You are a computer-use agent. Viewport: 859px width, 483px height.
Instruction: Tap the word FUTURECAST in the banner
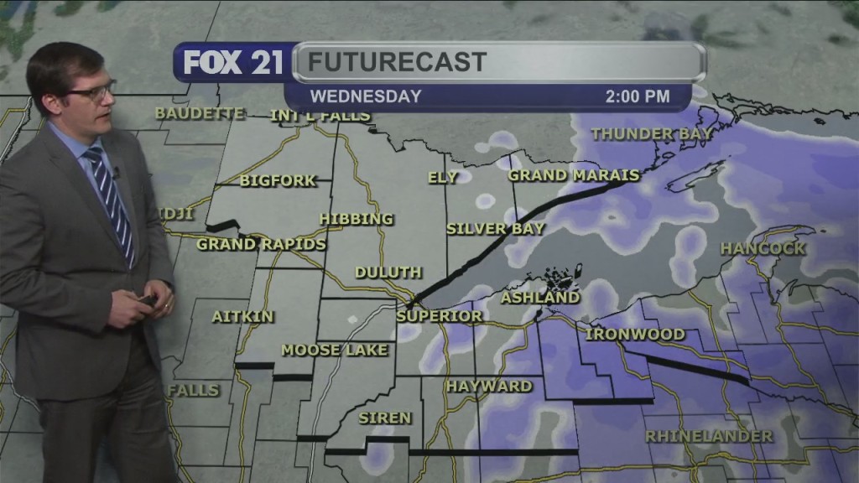(397, 62)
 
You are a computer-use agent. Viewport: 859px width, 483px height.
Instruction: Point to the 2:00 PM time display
(638, 96)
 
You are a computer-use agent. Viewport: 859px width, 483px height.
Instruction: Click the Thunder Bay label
(652, 134)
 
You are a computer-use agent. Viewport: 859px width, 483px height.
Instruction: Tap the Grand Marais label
(574, 176)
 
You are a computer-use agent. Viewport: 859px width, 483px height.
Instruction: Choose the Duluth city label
(388, 273)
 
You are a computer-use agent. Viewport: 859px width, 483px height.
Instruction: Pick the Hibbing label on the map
(357, 220)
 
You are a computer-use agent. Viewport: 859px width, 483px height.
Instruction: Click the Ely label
(443, 178)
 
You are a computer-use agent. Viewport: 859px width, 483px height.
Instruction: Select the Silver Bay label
(496, 229)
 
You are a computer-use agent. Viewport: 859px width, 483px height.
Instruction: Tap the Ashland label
(540, 298)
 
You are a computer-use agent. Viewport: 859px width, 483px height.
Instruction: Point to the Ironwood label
(635, 335)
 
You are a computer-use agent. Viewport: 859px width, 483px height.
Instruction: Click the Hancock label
(763, 249)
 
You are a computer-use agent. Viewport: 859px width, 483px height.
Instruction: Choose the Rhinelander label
(709, 437)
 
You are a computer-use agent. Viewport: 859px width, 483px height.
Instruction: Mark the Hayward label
(489, 387)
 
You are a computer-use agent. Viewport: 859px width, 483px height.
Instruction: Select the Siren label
(385, 418)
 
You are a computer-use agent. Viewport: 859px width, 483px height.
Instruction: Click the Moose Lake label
(335, 351)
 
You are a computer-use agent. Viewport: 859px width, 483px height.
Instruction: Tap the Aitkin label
(230, 317)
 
